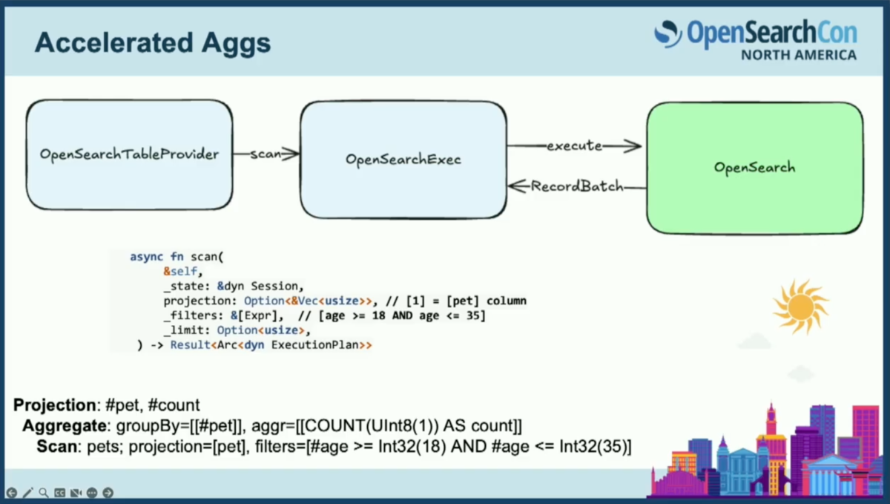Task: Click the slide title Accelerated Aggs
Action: pos(153,43)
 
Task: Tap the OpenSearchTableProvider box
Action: pos(130,154)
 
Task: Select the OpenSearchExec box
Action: pos(403,160)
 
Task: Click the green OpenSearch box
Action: pos(755,168)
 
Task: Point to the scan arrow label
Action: pos(266,154)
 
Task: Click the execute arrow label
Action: pos(575,146)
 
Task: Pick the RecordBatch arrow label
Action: pos(577,186)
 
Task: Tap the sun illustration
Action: pos(800,307)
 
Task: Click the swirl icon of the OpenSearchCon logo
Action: pos(668,34)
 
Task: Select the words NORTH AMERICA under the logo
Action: pos(799,55)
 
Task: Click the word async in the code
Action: pos(146,257)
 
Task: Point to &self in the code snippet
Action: pos(180,271)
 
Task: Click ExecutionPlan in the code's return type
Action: pos(315,345)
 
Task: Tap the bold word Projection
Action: pos(54,405)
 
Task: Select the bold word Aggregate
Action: pos(65,425)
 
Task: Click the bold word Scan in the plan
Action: pos(57,446)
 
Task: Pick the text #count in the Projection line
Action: pos(174,405)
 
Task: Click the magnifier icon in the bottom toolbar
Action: pos(44,493)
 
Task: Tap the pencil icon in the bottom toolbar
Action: pos(28,493)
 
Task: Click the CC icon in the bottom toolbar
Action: pos(59,493)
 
